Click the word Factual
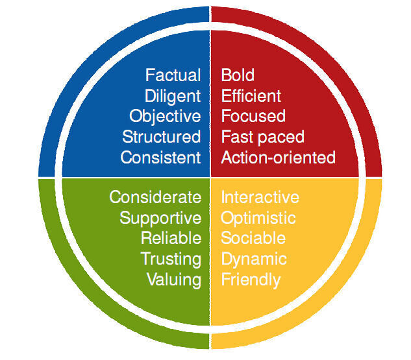(x=173, y=75)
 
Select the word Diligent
(x=173, y=97)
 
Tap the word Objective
(x=165, y=117)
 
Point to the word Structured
(x=162, y=137)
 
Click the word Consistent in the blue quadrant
(x=160, y=158)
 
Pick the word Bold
(x=238, y=75)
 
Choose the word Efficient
(x=251, y=96)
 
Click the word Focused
(x=253, y=116)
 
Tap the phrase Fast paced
(x=263, y=138)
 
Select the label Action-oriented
(x=278, y=158)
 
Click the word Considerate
(x=155, y=197)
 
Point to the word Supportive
(x=160, y=219)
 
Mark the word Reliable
(x=171, y=238)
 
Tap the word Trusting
(x=171, y=259)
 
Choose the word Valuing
(x=174, y=280)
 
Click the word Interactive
(x=260, y=197)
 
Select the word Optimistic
(x=258, y=219)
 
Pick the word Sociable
(x=253, y=238)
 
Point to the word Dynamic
(x=254, y=259)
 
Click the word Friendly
(x=251, y=280)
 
